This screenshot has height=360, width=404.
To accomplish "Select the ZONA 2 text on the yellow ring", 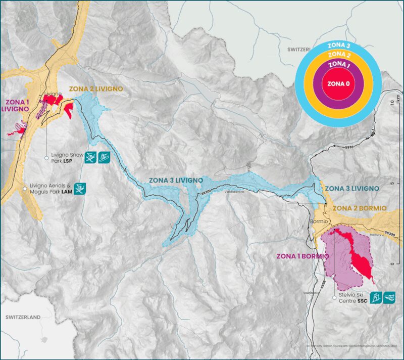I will pos(338,55).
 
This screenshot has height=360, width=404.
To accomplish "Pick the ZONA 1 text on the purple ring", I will pos(338,65).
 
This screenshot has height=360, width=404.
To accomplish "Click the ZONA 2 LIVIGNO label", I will pos(96,88).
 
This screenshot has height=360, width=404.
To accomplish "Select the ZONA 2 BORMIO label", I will pos(360,208).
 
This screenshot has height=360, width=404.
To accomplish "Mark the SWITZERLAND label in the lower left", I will pos(23,317).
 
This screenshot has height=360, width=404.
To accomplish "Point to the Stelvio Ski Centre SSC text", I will pos(351,297).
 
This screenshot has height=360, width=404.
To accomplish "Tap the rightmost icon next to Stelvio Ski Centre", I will pos(389,297).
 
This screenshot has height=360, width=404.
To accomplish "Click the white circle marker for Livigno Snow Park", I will pos(46,158).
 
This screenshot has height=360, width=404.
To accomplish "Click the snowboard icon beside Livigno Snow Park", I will pos(105,157).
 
